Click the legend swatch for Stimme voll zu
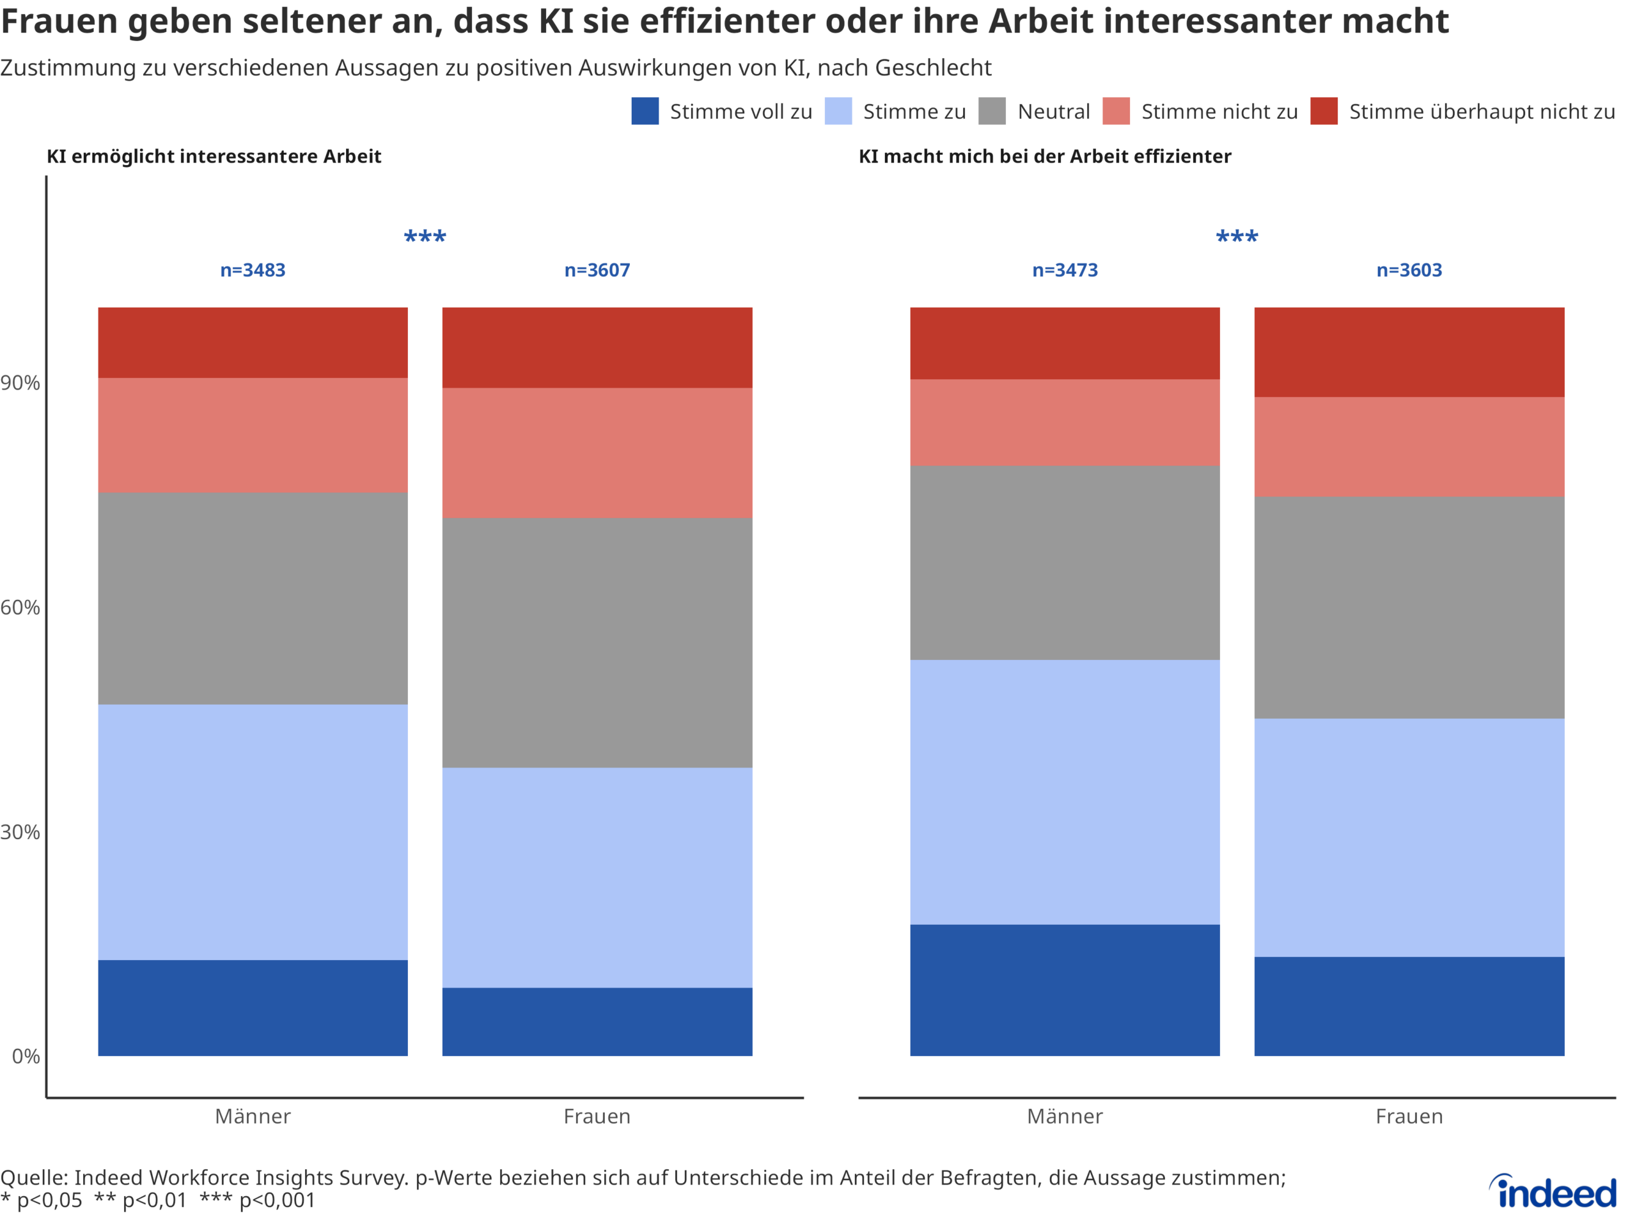coord(645,111)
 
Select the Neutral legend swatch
coord(992,111)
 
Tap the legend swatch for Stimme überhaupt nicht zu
coord(1323,111)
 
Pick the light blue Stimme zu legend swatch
coord(838,111)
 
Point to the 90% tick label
coord(20,382)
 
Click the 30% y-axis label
coord(20,832)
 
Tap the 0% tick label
coord(26,1057)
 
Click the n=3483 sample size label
coord(253,270)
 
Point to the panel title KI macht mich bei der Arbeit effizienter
coord(1044,156)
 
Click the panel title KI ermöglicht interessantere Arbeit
coord(214,156)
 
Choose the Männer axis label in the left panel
coord(253,1116)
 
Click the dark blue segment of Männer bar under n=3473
coord(1064,989)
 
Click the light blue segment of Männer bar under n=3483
coord(253,831)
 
